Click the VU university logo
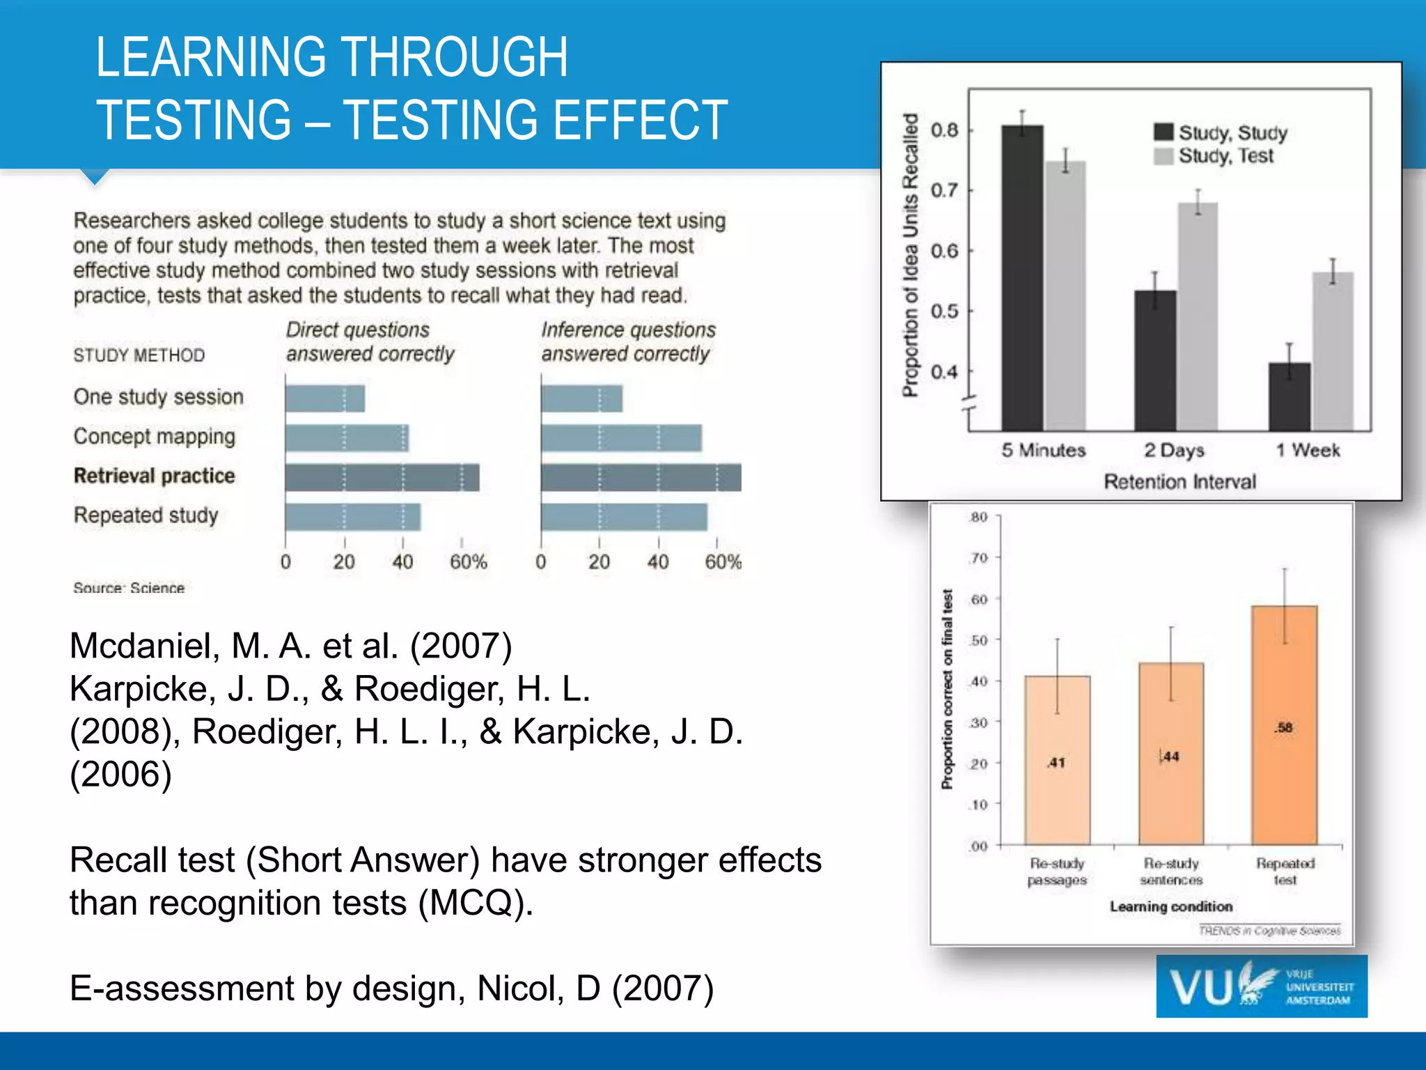click(1261, 986)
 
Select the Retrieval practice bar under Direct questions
click(382, 477)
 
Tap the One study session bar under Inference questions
click(581, 398)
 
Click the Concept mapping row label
click(155, 437)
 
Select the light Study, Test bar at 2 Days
click(1198, 317)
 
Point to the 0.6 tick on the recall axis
click(945, 251)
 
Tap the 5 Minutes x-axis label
click(1043, 450)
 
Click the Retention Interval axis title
click(1180, 481)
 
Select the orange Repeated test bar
click(1284, 724)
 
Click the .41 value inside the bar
click(1056, 763)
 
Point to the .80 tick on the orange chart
click(978, 517)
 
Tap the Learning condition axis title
click(1170, 906)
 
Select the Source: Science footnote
click(129, 588)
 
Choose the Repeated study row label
click(146, 515)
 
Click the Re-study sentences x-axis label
click(1170, 871)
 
